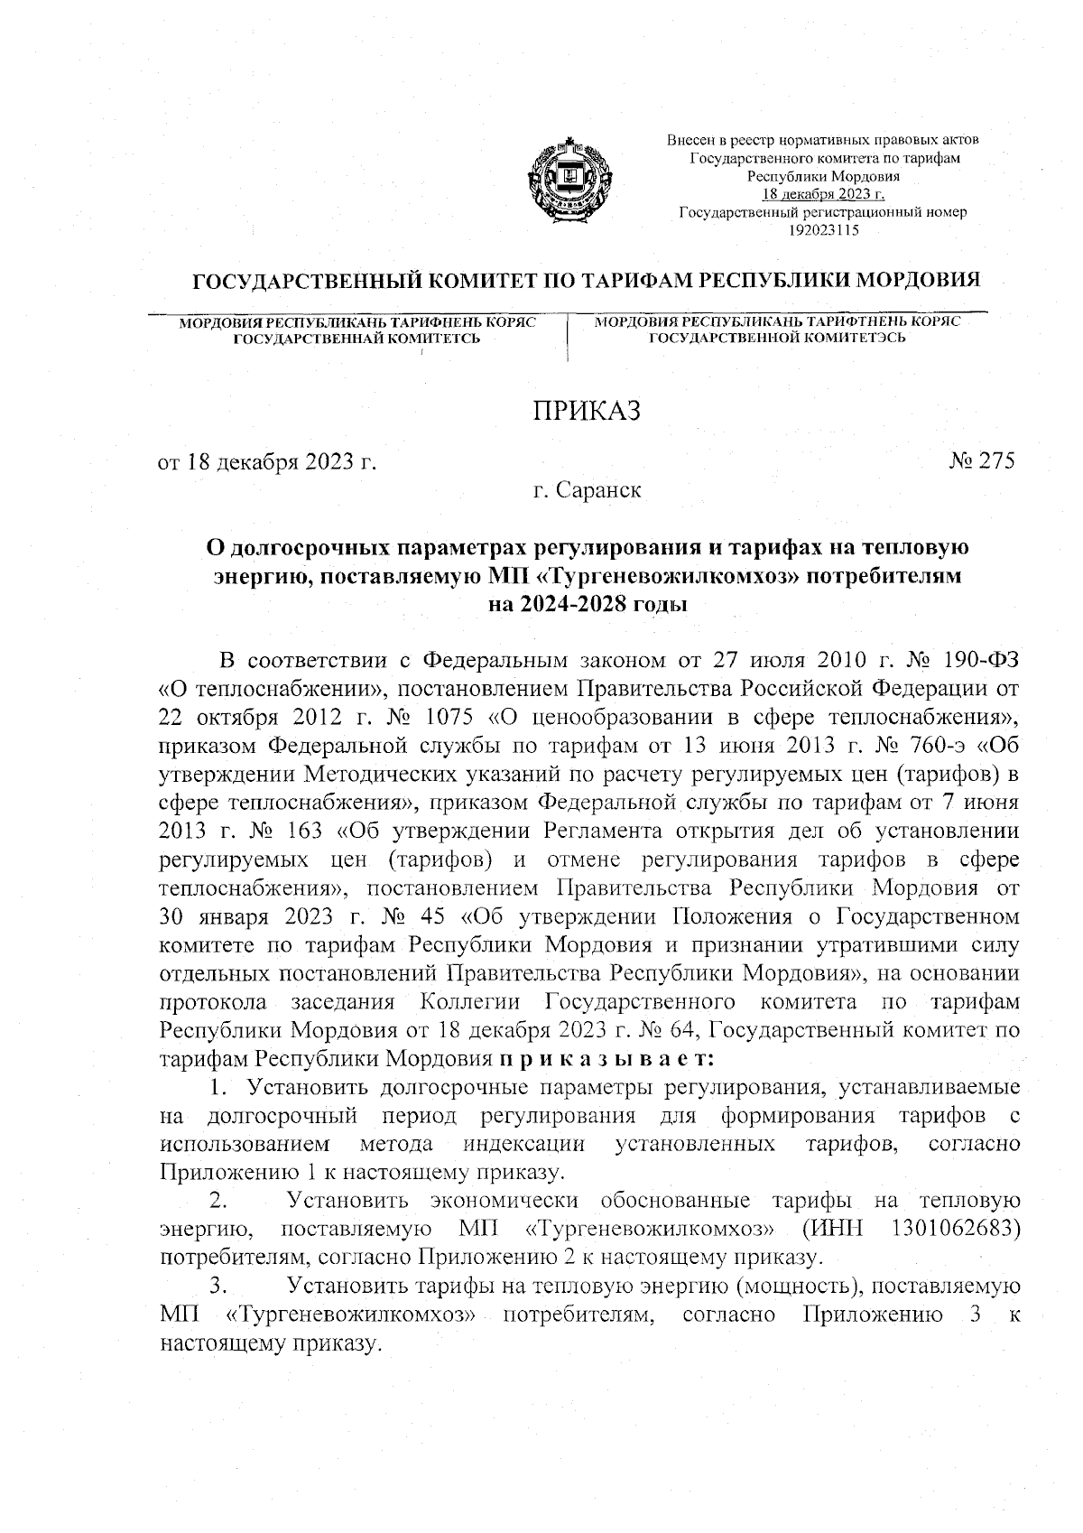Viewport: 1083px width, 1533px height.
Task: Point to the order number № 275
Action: coord(983,460)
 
